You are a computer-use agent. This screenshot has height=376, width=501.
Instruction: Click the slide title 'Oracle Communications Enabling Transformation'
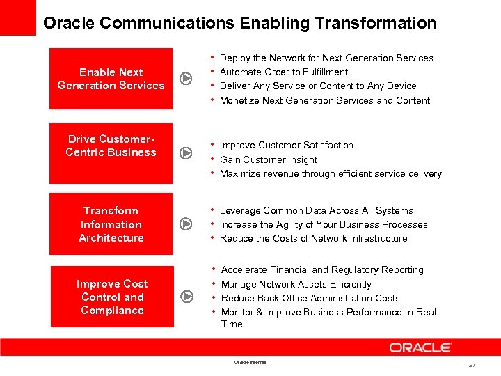tap(239, 23)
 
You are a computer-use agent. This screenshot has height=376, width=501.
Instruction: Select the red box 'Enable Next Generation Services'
tap(111, 79)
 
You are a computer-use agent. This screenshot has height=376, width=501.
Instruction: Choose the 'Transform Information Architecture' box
tap(111, 224)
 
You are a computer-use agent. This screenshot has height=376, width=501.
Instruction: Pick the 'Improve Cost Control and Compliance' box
tap(112, 297)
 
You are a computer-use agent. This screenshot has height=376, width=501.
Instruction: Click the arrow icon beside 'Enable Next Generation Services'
tap(186, 78)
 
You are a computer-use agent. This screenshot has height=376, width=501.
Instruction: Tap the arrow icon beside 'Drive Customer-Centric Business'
tap(186, 153)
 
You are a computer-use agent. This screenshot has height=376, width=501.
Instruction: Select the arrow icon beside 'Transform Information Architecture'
tap(186, 224)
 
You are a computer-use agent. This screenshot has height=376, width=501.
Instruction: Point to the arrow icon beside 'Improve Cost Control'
tap(186, 297)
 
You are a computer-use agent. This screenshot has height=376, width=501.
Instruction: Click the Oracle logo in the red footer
tap(420, 347)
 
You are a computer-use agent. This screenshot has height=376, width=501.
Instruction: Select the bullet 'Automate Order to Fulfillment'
tap(284, 72)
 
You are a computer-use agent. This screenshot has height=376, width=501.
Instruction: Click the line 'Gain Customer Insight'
tap(269, 159)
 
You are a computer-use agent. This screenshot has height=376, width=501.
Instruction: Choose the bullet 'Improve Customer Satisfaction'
tap(287, 145)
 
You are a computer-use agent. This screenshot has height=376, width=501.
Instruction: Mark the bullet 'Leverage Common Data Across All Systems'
tap(316, 210)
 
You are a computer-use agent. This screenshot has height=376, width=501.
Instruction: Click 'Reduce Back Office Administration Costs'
tap(310, 298)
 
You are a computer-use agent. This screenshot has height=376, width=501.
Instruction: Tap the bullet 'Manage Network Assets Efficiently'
tap(296, 284)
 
